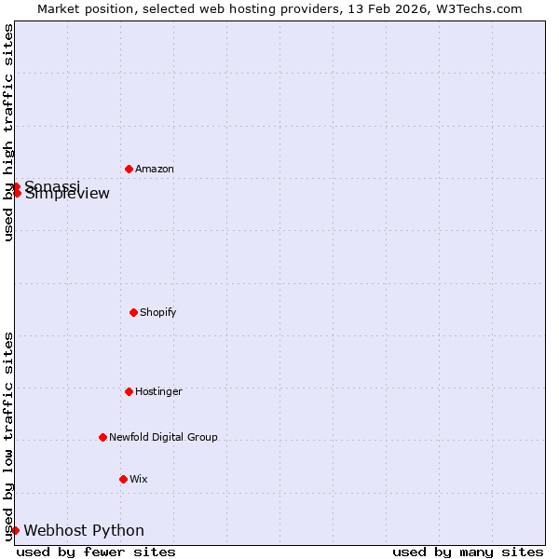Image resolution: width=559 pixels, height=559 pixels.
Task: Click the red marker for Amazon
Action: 129,169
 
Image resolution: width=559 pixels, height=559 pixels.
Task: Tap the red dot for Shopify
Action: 133,312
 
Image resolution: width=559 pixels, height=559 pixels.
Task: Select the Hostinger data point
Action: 129,391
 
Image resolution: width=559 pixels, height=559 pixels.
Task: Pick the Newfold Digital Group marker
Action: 102,437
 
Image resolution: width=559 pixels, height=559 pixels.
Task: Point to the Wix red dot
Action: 123,479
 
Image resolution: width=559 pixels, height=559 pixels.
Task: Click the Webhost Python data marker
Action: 15,530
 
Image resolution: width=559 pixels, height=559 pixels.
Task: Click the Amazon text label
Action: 155,170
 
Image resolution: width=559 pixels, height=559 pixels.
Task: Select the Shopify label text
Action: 158,312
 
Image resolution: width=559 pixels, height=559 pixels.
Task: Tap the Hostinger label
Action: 158,391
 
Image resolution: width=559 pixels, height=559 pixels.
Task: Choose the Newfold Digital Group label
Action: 163,437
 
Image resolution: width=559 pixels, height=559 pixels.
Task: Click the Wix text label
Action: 139,479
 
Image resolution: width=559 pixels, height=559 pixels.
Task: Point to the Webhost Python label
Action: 84,531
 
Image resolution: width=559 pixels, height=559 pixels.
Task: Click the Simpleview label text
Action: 67,195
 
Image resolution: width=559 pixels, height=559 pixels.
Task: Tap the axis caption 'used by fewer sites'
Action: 96,552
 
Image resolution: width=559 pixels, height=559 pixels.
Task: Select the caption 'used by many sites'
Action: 468,552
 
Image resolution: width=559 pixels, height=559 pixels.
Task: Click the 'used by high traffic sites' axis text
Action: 8,132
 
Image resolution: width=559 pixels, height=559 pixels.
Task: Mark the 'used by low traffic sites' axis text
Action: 8,435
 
